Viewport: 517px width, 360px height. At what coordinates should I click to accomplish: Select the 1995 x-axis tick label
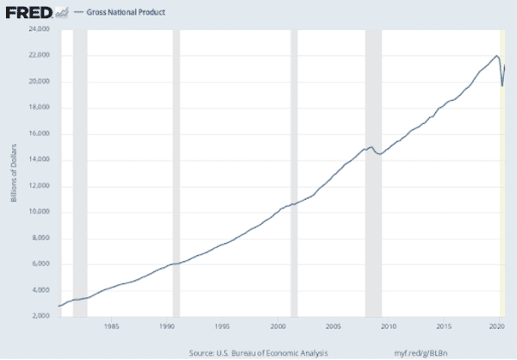coord(221,327)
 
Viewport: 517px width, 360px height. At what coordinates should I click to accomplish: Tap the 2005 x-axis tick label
coord(333,327)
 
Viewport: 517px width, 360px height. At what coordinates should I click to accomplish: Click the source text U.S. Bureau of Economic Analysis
coord(259,352)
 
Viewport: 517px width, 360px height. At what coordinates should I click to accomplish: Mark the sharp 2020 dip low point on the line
coord(502,86)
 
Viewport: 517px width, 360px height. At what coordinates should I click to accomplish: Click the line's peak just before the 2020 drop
coord(497,56)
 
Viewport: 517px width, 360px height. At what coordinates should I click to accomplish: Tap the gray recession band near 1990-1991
coord(177,173)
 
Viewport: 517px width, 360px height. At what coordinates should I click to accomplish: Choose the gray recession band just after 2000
coord(295,173)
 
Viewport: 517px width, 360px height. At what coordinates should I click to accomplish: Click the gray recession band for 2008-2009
coord(371,173)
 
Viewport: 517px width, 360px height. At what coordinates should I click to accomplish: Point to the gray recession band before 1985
coord(79,173)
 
